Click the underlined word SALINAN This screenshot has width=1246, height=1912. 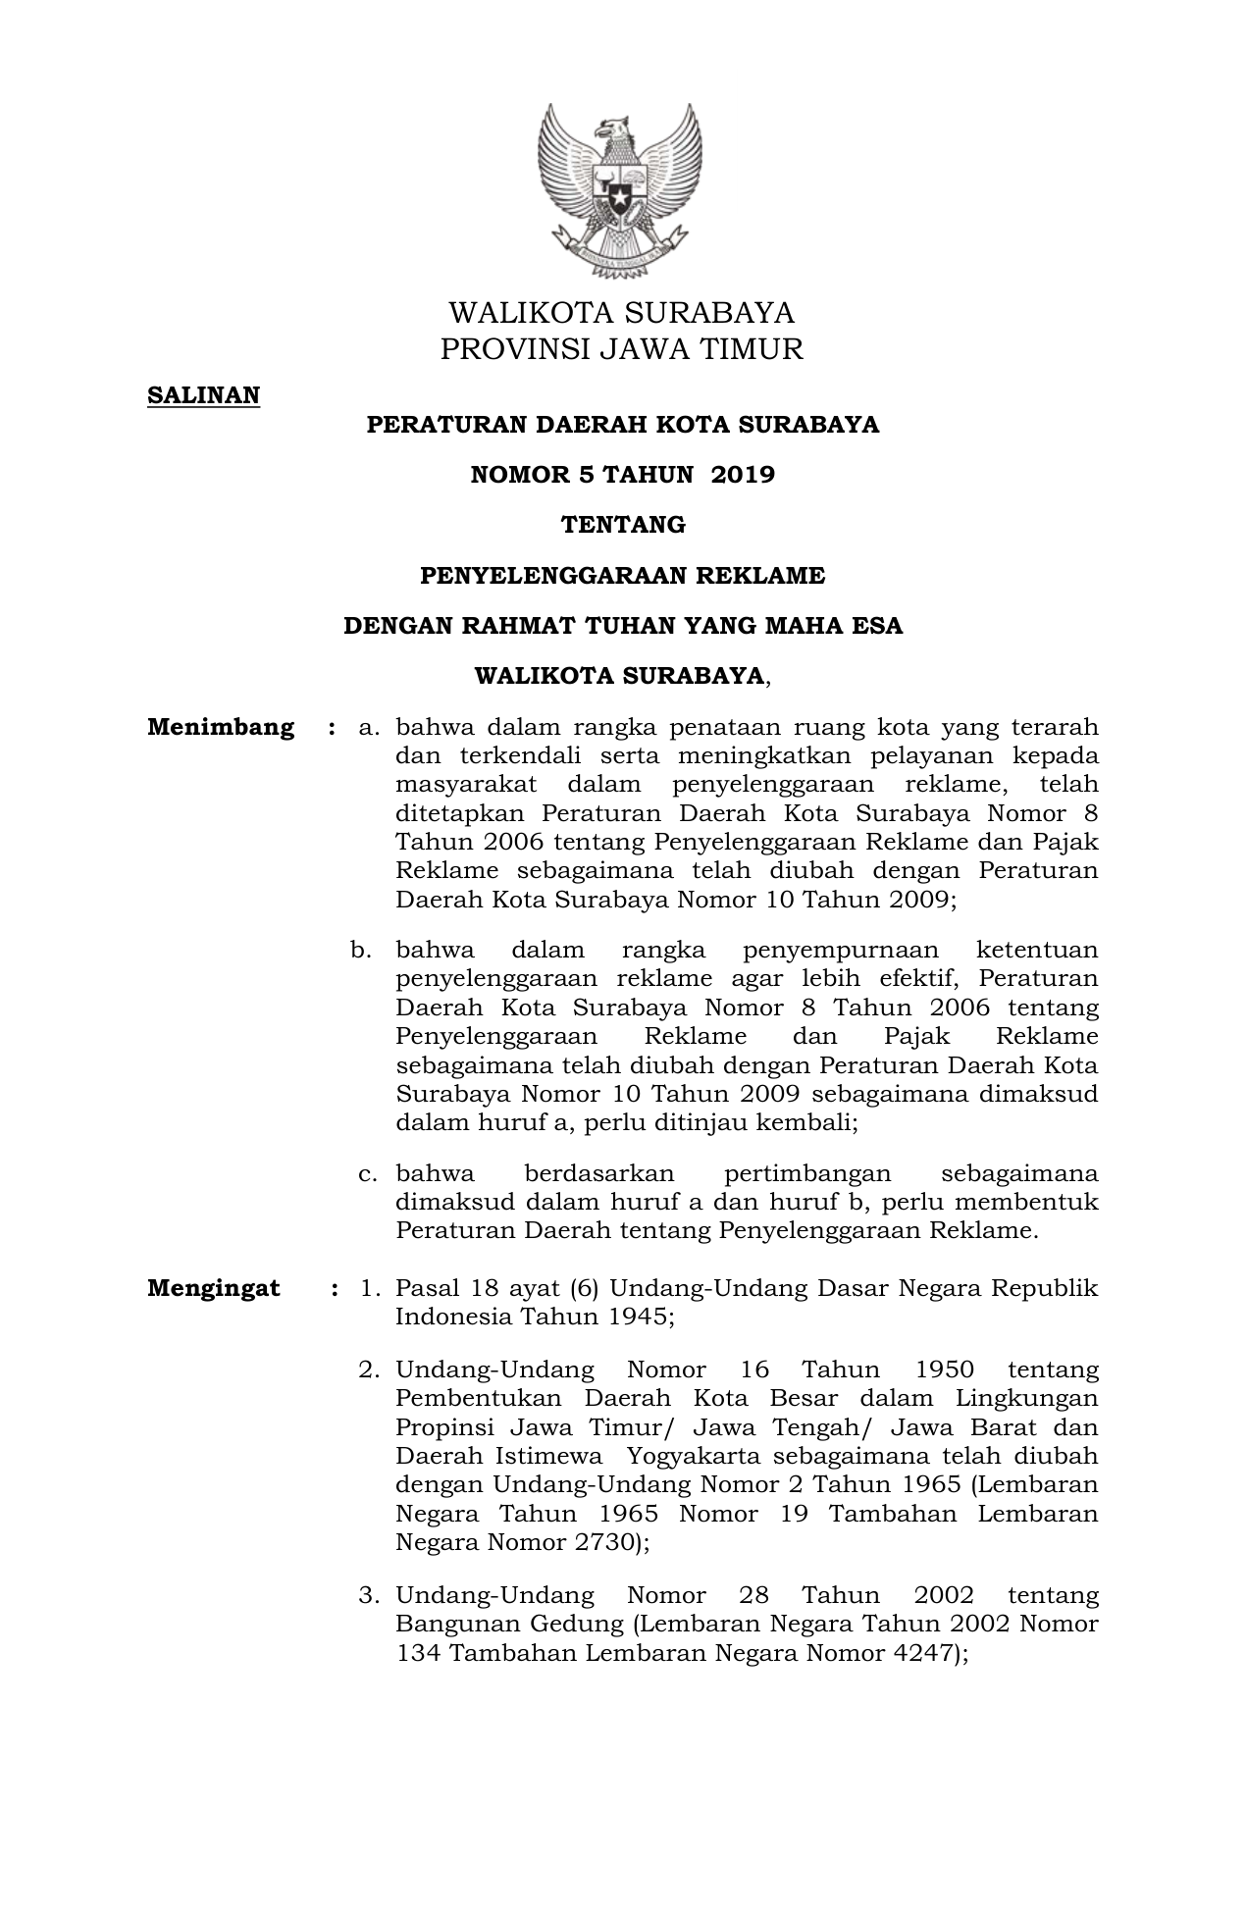203,395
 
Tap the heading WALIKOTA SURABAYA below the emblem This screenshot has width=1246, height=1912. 621,313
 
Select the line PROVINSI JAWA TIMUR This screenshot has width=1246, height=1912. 621,349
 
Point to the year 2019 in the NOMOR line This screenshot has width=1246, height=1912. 743,475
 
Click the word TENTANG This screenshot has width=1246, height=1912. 623,525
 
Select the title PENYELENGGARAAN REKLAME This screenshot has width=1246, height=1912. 623,576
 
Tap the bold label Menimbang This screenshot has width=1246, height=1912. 221,728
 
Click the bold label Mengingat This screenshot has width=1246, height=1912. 214,1289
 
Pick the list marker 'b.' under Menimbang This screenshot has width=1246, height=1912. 361,951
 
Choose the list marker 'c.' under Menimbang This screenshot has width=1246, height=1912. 369,1174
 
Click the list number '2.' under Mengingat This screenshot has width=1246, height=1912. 369,1370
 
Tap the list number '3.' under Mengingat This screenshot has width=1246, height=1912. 369,1596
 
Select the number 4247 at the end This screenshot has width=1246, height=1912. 919,1654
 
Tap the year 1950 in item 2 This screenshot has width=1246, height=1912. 944,1370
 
